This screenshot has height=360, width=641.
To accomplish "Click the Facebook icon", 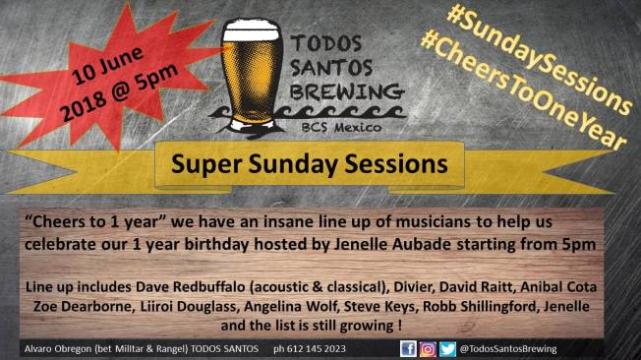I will pyautogui.click(x=408, y=348).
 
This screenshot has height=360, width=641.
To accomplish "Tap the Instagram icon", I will pyautogui.click(x=427, y=348).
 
